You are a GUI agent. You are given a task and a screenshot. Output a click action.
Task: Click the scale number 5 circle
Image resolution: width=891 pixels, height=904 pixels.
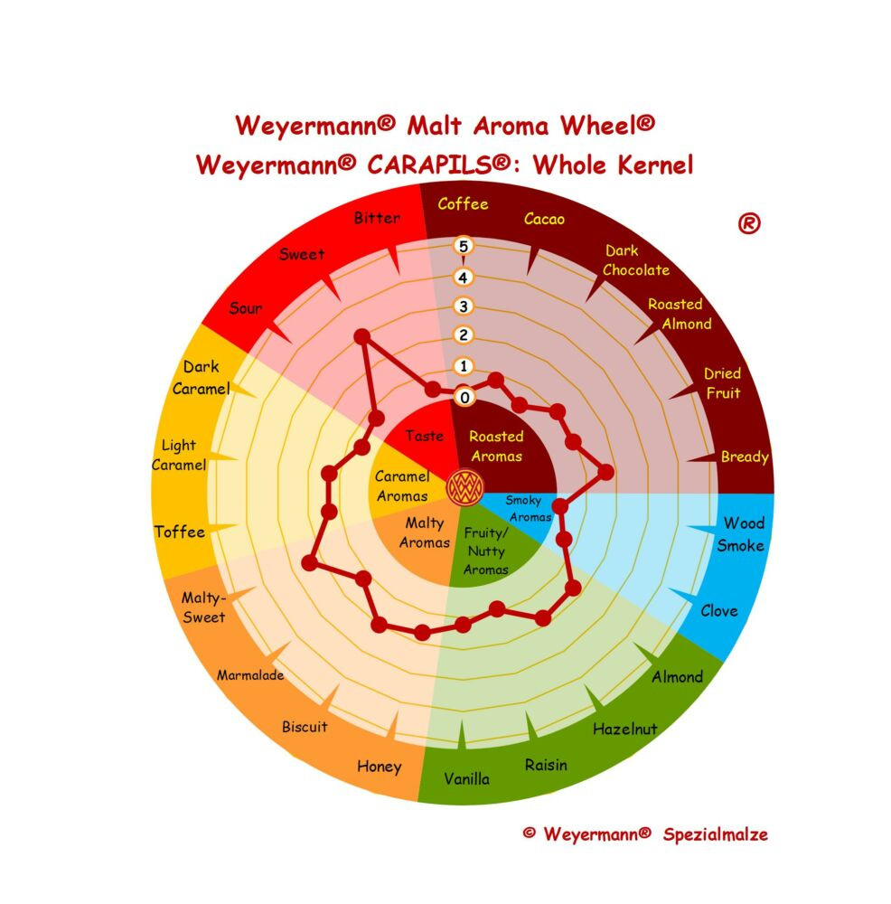pos(463,246)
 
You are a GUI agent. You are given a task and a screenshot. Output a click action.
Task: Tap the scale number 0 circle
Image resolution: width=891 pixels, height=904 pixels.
pos(464,397)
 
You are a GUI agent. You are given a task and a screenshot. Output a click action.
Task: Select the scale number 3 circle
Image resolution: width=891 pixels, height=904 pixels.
pos(463,306)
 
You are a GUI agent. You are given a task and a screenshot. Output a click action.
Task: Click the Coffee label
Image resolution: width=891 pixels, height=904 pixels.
pos(463,204)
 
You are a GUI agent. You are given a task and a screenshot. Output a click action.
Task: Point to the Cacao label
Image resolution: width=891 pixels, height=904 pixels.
pos(544,219)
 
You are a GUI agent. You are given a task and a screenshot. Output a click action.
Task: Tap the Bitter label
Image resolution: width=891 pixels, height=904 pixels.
pos(377,218)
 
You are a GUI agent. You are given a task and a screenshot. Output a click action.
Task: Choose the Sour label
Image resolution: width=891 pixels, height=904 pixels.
pos(246,308)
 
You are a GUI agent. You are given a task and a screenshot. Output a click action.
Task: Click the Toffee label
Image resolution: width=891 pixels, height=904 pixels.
pos(179,532)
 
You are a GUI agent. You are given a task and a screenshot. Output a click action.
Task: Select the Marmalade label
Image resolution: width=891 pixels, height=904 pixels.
pos(250,675)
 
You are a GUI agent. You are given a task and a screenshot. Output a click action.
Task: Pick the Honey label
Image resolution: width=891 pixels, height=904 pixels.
pos(380,767)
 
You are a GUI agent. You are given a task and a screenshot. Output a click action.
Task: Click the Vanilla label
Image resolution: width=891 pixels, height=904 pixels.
pos(467,779)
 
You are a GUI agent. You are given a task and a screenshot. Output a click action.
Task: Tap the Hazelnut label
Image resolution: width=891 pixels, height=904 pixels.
pos(624,730)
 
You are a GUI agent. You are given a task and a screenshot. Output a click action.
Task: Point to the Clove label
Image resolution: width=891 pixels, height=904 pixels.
pos(719,611)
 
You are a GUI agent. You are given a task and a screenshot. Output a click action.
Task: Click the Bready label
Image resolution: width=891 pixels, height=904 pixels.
pos(745,457)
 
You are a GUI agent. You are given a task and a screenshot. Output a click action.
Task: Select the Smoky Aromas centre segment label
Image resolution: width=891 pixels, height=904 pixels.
pos(528,508)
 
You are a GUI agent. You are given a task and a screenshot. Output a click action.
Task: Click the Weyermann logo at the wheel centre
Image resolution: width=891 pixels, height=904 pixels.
pos(464,487)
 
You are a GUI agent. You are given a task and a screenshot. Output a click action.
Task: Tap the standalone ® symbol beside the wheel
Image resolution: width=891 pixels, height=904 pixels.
pos(749,223)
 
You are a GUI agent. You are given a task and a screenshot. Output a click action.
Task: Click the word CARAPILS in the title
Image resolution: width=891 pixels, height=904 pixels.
pos(438,165)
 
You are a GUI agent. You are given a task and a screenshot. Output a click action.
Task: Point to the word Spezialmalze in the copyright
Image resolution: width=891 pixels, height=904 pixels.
pos(715,834)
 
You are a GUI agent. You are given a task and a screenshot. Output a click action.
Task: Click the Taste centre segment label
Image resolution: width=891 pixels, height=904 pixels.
pos(424,436)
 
